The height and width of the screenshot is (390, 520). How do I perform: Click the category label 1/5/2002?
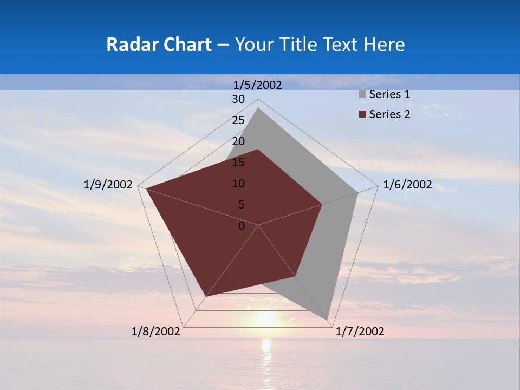pos(258,85)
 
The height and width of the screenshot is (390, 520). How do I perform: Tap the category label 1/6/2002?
pos(407,185)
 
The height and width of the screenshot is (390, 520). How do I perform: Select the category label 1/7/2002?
pos(360,331)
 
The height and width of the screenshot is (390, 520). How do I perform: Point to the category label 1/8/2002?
pos(156,331)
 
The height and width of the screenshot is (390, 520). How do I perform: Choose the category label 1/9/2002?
pos(108,185)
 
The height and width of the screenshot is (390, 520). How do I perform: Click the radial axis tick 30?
pos(238,99)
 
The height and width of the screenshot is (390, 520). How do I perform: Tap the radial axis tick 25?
pos(238,120)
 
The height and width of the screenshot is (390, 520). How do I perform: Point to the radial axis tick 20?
pos(238,141)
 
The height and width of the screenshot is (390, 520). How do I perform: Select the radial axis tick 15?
pos(238,162)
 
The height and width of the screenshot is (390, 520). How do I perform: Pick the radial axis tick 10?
pos(238,184)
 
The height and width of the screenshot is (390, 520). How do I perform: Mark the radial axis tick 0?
pos(242,226)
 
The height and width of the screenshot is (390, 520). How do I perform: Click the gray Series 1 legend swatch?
pos(362,94)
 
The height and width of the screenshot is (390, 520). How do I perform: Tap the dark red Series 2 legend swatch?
pos(362,114)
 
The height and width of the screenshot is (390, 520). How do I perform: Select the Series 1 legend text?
pos(389,94)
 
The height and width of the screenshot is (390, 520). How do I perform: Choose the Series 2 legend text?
pos(389,114)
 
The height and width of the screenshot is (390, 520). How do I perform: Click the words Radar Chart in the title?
pos(159,44)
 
